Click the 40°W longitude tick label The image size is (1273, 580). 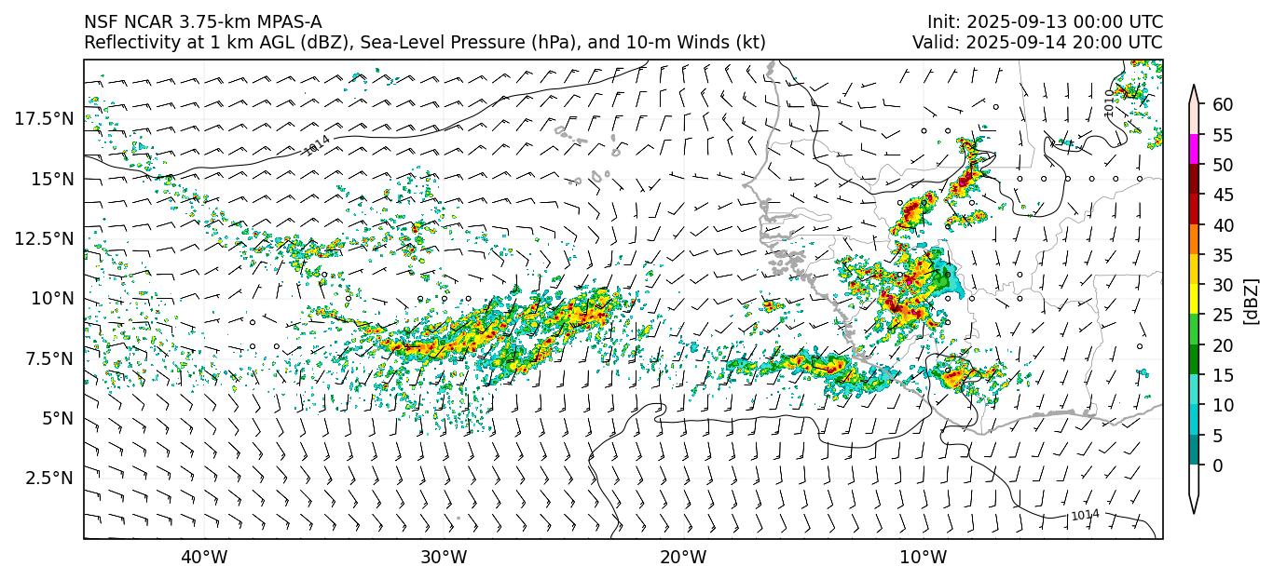(x=203, y=558)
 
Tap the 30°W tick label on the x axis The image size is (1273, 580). (x=444, y=558)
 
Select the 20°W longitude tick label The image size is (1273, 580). (x=683, y=558)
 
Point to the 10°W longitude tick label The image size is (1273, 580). (x=924, y=558)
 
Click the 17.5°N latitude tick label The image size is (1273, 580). (x=44, y=118)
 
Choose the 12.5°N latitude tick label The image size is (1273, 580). (x=44, y=238)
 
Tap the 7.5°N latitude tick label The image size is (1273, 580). (x=48, y=358)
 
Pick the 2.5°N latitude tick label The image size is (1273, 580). (x=48, y=478)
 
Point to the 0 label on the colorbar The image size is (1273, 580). (x=1217, y=465)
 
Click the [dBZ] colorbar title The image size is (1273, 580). (x=1252, y=300)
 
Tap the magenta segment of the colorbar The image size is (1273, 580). (x=1194, y=150)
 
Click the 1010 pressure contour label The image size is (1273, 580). (x=1109, y=103)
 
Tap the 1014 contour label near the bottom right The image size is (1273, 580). (x=1085, y=515)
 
